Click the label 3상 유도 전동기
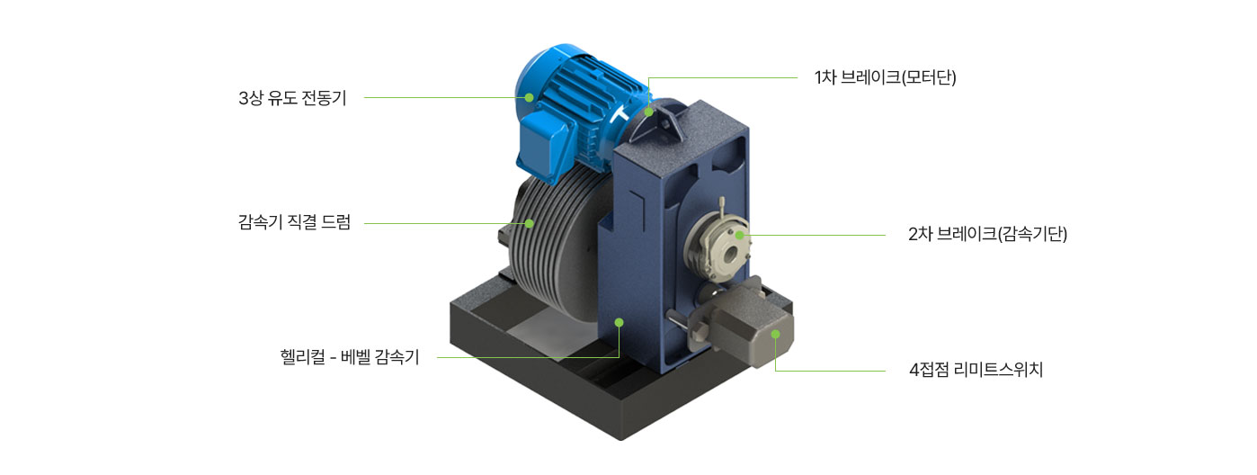[292, 98]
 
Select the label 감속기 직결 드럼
[294, 222]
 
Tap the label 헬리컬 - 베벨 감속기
[350, 356]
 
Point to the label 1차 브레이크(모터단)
[885, 77]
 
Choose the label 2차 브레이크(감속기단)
[987, 234]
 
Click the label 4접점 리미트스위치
[976, 370]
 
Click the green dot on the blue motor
[530, 98]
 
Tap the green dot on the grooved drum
[530, 223]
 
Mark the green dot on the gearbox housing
[619, 322]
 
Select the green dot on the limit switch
[776, 334]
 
